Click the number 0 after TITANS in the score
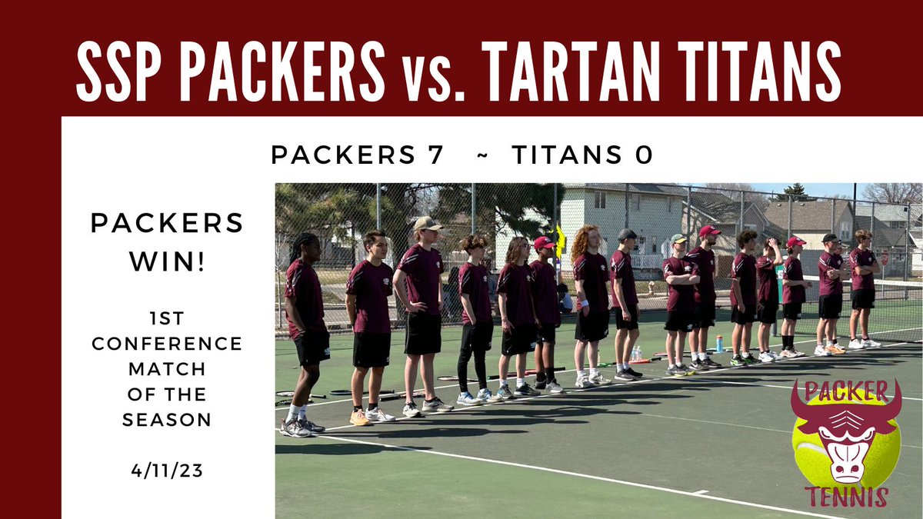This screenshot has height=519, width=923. (x=645, y=155)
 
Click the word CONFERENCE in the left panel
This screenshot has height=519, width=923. (x=167, y=344)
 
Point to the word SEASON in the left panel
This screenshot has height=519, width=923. (x=167, y=420)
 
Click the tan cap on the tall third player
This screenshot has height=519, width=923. (x=427, y=224)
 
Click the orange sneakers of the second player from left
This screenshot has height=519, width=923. (x=360, y=418)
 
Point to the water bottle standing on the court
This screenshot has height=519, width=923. (x=719, y=343)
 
